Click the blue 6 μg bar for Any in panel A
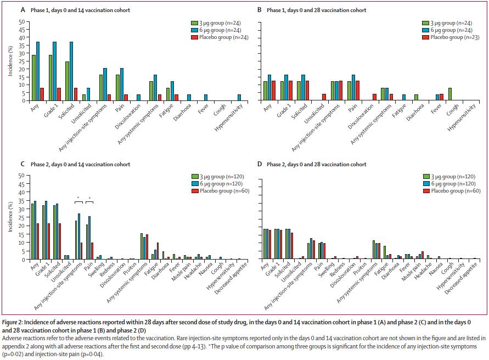point(38,71)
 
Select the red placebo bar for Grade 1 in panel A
point(59,94)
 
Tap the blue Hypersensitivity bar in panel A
point(239,98)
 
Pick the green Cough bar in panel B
point(450,94)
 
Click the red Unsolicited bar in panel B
point(324,97)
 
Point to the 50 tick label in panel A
point(21,22)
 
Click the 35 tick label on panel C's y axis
point(21,209)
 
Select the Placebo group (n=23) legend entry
point(451,37)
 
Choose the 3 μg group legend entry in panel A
point(216,23)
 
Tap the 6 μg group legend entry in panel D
point(449,184)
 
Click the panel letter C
point(23,164)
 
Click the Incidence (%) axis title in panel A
point(10,61)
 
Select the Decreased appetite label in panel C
point(231,278)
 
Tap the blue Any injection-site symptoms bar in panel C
point(79,237)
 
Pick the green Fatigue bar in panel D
point(385,252)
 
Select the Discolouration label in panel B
point(361,117)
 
